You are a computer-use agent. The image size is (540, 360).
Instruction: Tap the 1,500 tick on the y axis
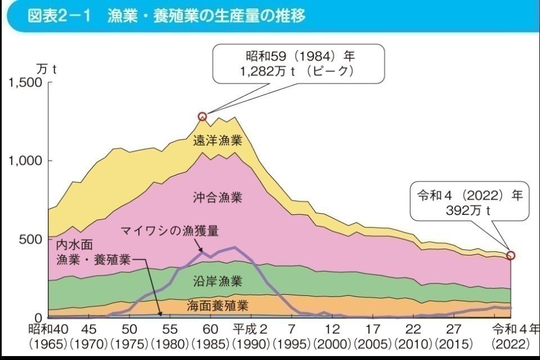[x=26, y=83]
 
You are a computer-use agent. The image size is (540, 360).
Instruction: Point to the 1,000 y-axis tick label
[x=26, y=161]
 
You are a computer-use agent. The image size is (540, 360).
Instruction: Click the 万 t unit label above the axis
[x=46, y=69]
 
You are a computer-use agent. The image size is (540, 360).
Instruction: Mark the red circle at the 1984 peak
[x=202, y=116]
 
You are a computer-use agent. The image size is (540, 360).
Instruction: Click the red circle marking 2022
[x=510, y=255]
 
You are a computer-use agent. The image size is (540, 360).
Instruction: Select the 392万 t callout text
[x=469, y=211]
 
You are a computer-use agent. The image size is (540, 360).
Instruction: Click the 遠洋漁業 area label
[x=218, y=141]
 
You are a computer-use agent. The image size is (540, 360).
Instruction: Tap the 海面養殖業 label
[x=218, y=305]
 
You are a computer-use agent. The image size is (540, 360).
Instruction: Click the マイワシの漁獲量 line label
[x=169, y=230]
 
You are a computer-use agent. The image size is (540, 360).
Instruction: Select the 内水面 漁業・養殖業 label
[x=93, y=253]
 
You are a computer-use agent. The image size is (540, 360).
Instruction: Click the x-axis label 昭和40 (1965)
[x=51, y=336]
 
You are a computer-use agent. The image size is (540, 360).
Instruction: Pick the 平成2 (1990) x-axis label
[x=251, y=336]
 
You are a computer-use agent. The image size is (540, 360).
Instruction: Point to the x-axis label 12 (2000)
[x=332, y=336]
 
